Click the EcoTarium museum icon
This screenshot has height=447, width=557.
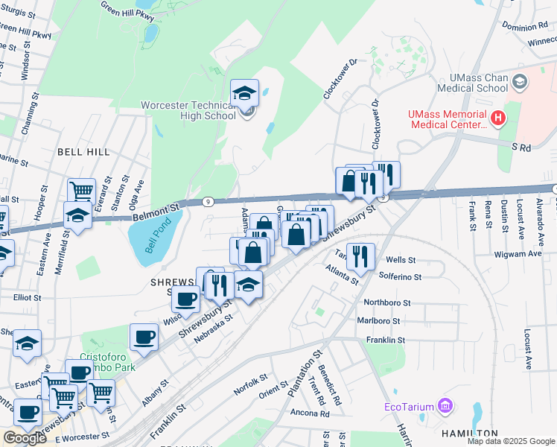tap(446, 406)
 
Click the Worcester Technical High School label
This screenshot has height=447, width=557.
tap(188, 111)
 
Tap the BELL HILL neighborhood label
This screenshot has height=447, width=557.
tap(83, 151)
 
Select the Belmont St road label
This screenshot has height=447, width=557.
tap(156, 209)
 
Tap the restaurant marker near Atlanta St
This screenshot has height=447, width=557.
tap(360, 256)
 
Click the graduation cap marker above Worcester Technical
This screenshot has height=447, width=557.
tap(244, 94)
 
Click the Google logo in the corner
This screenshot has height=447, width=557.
tap(24, 438)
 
